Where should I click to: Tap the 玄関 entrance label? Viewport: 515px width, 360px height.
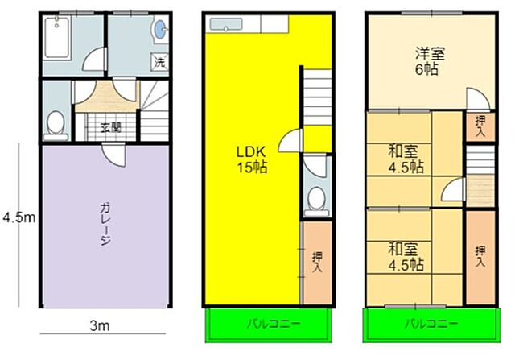(x=110, y=125)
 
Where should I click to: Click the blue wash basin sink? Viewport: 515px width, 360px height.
(x=160, y=31)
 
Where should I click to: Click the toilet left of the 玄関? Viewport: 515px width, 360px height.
(x=56, y=123)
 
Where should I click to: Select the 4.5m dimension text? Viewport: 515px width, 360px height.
(x=18, y=217)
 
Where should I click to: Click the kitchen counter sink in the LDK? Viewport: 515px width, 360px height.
(x=227, y=24)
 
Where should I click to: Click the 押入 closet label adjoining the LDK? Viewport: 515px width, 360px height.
(x=315, y=263)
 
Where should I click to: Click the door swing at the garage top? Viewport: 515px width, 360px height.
(x=113, y=155)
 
